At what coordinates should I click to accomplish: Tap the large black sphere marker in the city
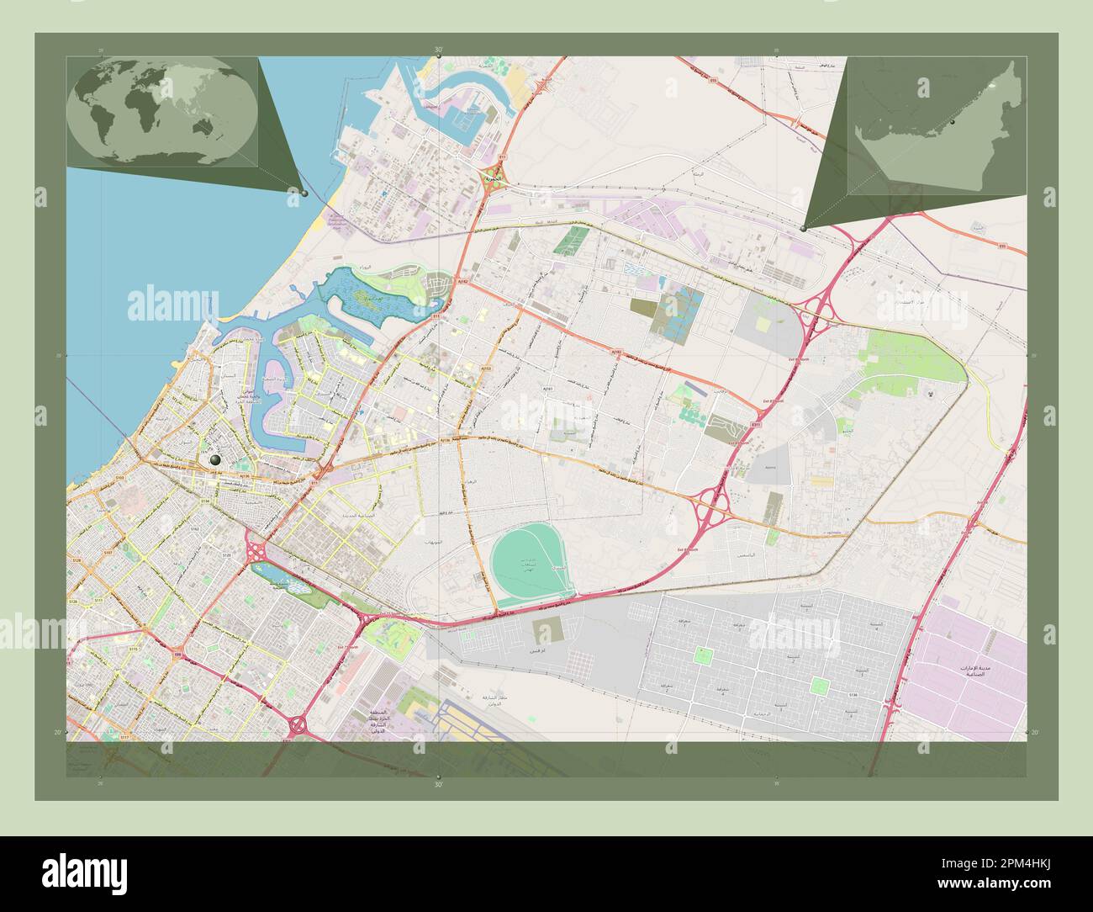[217, 460]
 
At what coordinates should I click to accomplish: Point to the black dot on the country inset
[953, 123]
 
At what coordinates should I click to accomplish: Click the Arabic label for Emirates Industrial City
[975, 671]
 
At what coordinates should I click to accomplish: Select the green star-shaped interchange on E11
[488, 179]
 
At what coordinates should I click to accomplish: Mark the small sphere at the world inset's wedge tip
[304, 194]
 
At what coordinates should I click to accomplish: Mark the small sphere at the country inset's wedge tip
[805, 228]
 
